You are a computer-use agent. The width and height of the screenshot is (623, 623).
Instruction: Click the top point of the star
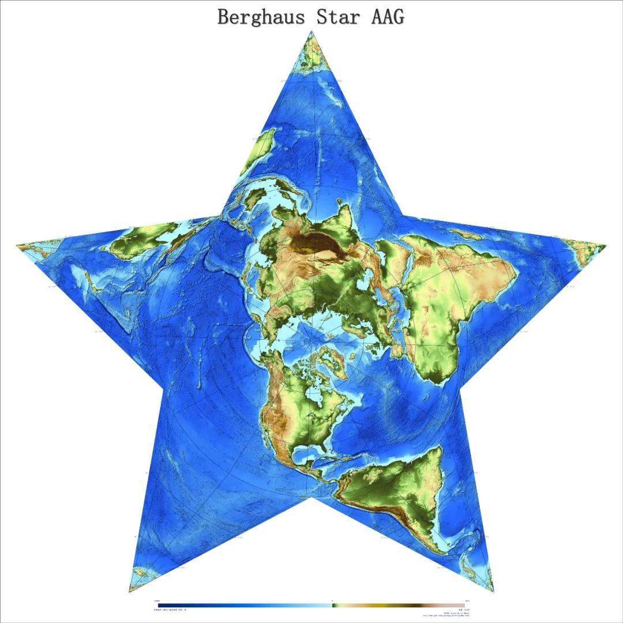coord(312,33)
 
